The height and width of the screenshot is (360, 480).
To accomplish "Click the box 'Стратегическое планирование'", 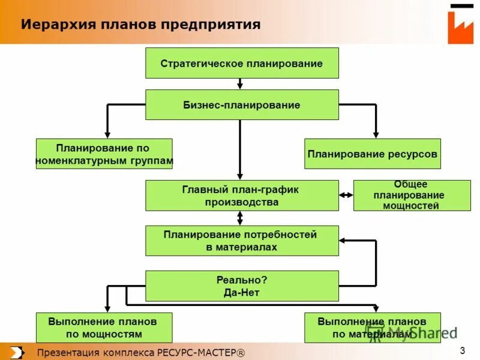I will tap(242, 64).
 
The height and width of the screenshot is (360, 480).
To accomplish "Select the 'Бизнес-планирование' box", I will tap(242, 105).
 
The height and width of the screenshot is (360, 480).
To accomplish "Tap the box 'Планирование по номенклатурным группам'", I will tap(104, 154).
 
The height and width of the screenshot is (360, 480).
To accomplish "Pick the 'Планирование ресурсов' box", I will tap(373, 154).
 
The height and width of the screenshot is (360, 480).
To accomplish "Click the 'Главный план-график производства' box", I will tap(242, 196).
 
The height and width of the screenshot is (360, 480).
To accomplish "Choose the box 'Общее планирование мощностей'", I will tap(412, 196).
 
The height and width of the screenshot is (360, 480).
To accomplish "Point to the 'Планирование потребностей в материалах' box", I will tap(242, 241).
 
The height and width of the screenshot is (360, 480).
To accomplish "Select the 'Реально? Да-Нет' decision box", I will tap(242, 286).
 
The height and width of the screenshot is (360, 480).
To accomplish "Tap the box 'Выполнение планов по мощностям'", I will tap(104, 328).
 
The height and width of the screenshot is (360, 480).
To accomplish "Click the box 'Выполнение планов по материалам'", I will tap(373, 328).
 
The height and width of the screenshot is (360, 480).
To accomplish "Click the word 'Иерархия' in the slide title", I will tap(50, 25).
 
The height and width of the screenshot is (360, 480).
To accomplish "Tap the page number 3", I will tap(463, 350).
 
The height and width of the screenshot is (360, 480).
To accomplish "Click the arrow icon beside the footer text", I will tap(17, 352).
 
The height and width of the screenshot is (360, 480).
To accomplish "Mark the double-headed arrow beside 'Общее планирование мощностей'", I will tap(346, 195).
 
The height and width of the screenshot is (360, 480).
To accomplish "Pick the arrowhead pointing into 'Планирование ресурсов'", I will tap(376, 134).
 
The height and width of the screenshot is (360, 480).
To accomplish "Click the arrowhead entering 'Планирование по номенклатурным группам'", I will tap(107, 134).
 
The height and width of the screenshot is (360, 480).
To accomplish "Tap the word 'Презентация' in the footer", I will tap(63, 352).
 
